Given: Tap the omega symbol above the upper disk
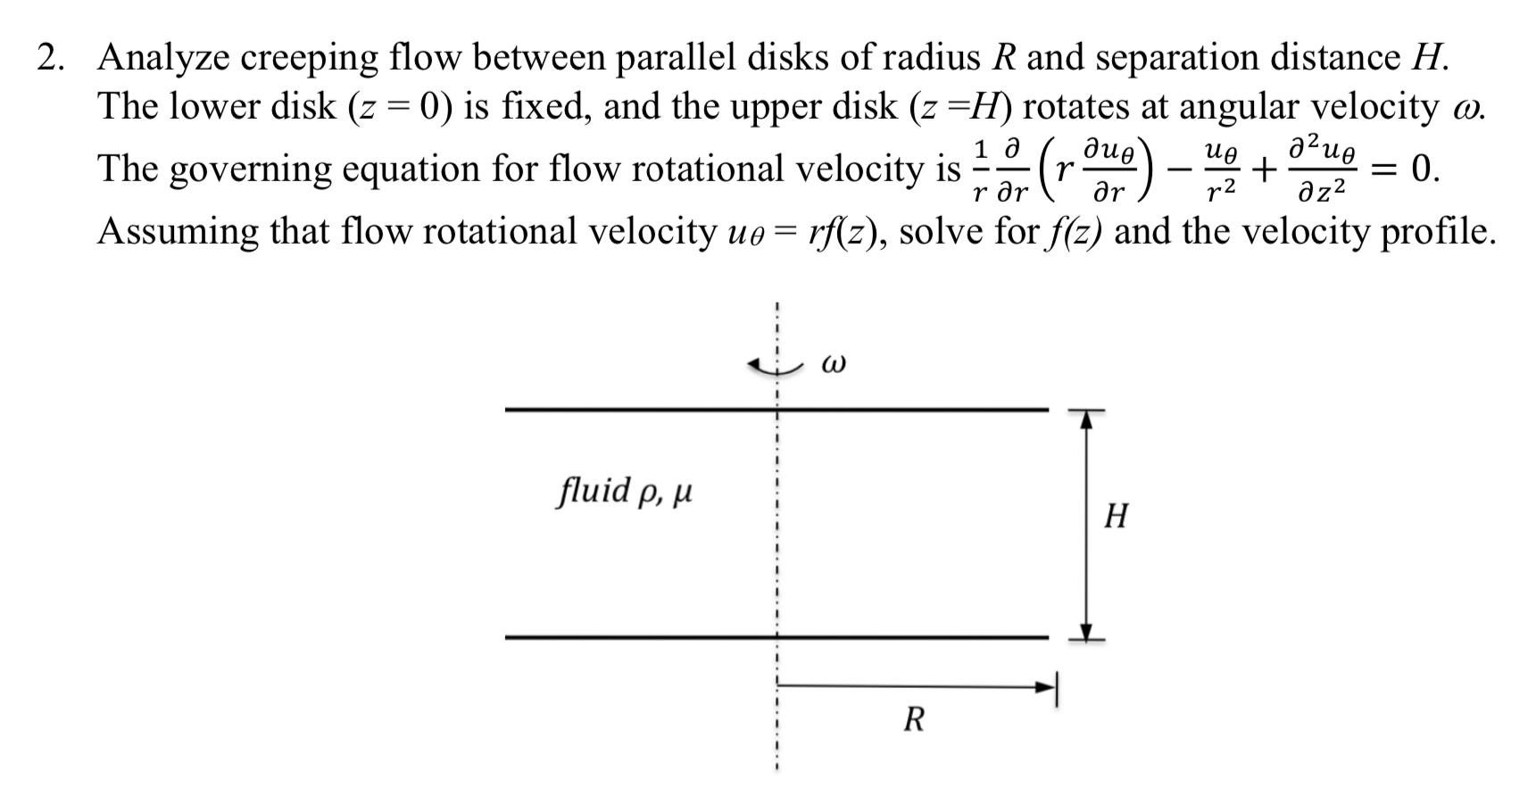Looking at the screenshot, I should tap(832, 364).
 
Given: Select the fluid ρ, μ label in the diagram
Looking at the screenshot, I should tap(625, 491).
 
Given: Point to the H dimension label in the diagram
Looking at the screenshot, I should tap(1116, 516).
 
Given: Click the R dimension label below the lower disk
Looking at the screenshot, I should tap(913, 719).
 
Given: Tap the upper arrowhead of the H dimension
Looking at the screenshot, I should tap(1086, 419).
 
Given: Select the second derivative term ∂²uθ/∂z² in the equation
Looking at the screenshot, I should tap(1321, 170).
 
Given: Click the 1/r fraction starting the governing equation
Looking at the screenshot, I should tap(980, 170).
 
